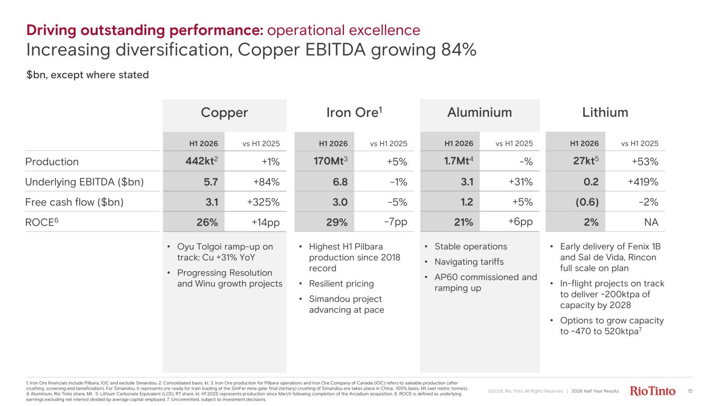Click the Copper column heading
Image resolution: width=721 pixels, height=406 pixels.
[x=224, y=113]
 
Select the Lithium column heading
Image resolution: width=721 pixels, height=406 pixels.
[x=605, y=113]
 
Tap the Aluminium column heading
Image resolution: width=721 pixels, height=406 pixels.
[x=480, y=113]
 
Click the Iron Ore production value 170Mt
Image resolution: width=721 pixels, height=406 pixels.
[x=331, y=161]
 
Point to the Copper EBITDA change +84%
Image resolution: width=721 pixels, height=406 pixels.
[x=267, y=182]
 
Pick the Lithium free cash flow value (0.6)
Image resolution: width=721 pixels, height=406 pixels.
[x=587, y=202]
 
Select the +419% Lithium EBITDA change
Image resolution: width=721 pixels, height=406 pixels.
[x=643, y=182]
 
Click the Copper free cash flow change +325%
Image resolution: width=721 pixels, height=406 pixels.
[x=263, y=202]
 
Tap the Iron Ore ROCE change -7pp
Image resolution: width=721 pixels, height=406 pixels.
[x=396, y=223]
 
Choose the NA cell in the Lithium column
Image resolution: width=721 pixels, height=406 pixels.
[x=651, y=223]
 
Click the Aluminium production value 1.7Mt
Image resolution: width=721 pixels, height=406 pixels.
[x=458, y=161]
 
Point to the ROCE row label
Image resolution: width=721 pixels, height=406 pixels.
[x=42, y=222]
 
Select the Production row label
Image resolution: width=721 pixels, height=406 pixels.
[x=52, y=161]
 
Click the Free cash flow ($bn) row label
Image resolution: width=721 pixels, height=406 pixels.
[x=74, y=202]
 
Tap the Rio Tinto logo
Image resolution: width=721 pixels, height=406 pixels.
[x=652, y=391]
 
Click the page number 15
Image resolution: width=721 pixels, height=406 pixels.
[x=690, y=391]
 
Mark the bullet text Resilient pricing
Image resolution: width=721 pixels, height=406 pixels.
[x=342, y=283]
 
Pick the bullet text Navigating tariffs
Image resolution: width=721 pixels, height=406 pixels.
[x=469, y=262]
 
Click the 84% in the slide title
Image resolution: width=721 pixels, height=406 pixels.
[x=458, y=50]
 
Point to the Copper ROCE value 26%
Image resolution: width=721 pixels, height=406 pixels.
[x=207, y=223]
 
